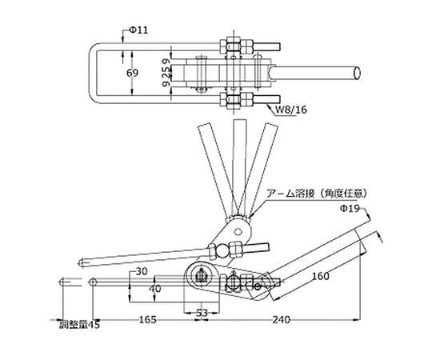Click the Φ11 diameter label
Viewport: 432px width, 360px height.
[x=138, y=30]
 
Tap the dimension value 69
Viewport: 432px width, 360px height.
[x=132, y=73]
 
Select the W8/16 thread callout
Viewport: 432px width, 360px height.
[x=291, y=110]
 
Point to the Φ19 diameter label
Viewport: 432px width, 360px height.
[x=350, y=209]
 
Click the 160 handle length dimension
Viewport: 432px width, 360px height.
[x=321, y=275]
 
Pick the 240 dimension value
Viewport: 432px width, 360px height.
[x=282, y=319]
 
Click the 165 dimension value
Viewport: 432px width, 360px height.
[x=148, y=319]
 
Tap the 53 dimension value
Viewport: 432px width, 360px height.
[x=202, y=313]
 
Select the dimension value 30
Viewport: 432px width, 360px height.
[x=142, y=271]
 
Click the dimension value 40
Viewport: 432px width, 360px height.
[x=155, y=289]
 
